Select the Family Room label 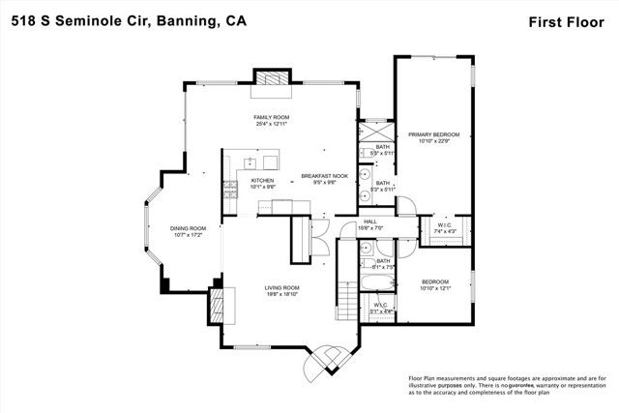tap(272, 117)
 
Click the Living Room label tap(283, 287)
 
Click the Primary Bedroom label tap(432, 134)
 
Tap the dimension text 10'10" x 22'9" tap(432, 141)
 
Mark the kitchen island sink tap(249, 162)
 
